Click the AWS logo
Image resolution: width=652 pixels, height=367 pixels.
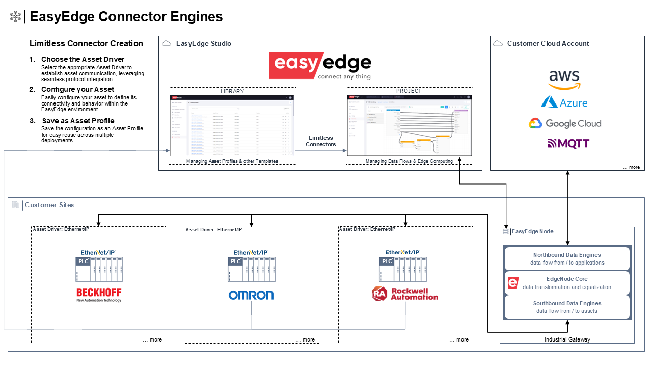[564, 80]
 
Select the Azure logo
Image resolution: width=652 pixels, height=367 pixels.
[564, 102]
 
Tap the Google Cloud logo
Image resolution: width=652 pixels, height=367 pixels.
[564, 123]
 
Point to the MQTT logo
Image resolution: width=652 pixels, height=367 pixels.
[564, 144]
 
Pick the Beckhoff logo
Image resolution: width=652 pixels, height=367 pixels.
[99, 295]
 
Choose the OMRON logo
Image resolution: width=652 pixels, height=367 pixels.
[251, 295]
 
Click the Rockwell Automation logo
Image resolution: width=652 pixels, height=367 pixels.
[405, 294]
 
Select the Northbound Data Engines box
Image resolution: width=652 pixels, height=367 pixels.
[567, 258]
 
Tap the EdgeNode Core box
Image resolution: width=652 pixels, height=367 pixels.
[567, 283]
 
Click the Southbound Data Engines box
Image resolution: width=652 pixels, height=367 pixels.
[567, 307]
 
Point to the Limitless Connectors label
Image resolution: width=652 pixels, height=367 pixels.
[321, 141]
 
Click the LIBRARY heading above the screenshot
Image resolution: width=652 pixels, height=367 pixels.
[232, 91]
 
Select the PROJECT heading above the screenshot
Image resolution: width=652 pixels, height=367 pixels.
[409, 91]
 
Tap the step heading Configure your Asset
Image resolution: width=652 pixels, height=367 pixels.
[77, 90]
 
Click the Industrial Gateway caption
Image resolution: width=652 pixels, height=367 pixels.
[567, 339]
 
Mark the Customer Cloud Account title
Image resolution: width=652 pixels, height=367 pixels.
[548, 44]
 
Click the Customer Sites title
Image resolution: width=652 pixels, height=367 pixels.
[49, 205]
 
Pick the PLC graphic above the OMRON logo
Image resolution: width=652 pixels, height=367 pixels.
[252, 269]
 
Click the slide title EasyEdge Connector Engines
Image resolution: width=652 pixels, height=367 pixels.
[126, 17]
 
